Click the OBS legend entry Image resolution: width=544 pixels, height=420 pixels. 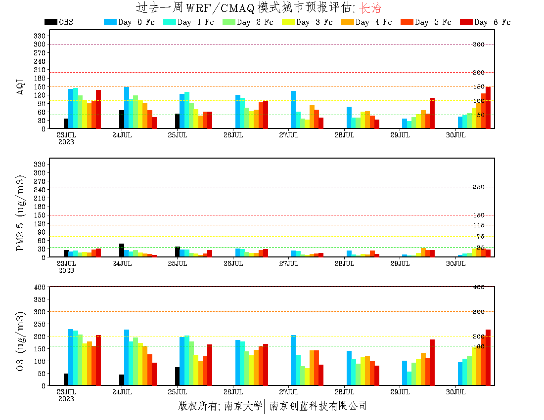[58, 22]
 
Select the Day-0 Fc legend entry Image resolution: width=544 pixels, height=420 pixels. [128, 22]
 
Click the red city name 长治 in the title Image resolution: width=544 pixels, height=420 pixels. [370, 8]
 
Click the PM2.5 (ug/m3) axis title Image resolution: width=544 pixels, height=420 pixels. [20, 212]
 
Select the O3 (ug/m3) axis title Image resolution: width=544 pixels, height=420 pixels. [20, 340]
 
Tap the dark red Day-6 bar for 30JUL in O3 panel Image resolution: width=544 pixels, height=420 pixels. [488, 357]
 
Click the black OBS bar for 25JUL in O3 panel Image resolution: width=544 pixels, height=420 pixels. [177, 376]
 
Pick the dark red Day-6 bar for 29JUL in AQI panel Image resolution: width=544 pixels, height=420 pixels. [432, 113]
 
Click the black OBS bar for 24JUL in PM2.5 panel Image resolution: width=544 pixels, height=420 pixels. [122, 251]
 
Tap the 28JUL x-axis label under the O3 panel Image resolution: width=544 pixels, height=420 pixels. [345, 392]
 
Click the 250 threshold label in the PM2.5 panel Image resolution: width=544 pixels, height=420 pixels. [478, 187]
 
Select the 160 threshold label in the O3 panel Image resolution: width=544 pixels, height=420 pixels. [478, 346]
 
